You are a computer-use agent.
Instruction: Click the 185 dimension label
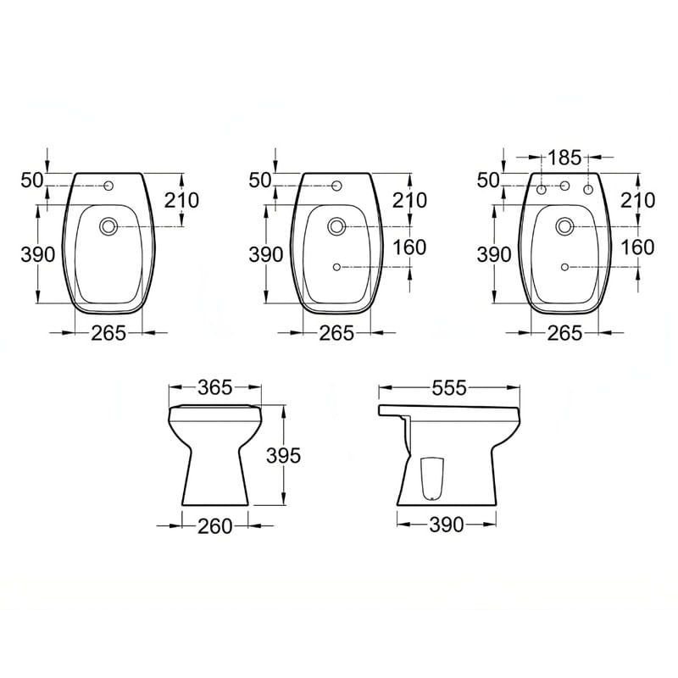[564, 158]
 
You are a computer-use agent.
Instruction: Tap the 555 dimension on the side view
[449, 388]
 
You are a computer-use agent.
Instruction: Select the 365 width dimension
[215, 387]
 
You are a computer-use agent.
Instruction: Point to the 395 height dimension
[283, 455]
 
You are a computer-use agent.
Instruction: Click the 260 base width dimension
[215, 526]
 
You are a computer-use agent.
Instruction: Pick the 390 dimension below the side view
[447, 525]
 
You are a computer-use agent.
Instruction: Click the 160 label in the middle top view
[409, 247]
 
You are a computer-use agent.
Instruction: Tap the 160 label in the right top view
[637, 247]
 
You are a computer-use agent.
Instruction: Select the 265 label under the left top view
[108, 333]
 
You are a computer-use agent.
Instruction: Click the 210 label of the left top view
[181, 200]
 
